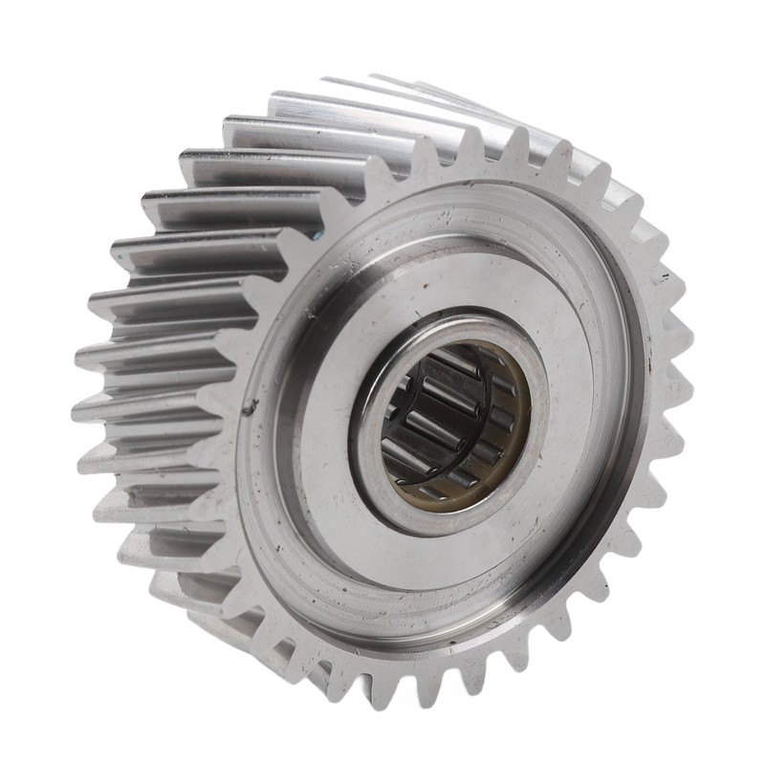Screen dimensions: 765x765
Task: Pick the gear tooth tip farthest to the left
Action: coord(76,411)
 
